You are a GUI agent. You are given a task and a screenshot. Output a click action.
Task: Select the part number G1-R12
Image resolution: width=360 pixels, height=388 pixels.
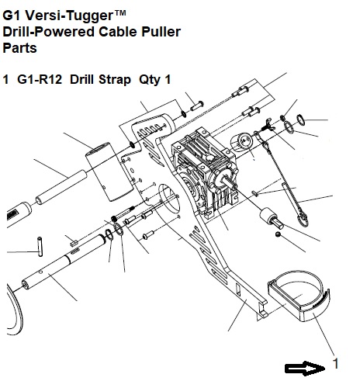pyautogui.click(x=40, y=79)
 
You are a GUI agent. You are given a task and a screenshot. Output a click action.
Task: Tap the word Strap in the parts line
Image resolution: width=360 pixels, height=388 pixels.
pyautogui.click(x=115, y=80)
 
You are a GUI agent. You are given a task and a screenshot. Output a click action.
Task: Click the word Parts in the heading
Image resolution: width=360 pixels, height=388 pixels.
pyautogui.click(x=19, y=48)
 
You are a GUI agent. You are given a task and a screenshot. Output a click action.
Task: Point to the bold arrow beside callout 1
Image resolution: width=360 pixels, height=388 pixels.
pyautogui.click(x=305, y=368)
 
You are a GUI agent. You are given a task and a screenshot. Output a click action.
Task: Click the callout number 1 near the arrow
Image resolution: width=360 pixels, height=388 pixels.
pyautogui.click(x=335, y=364)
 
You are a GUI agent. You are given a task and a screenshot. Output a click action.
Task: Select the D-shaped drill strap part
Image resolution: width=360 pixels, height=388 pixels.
pyautogui.click(x=299, y=296)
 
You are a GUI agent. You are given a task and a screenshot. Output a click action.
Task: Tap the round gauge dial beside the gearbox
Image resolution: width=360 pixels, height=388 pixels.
pyautogui.click(x=242, y=143)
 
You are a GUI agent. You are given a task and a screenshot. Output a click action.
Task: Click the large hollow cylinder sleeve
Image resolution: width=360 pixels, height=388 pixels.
pyautogui.click(x=109, y=171)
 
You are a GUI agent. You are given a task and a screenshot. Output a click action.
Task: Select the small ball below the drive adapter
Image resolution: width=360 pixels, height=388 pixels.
pyautogui.click(x=278, y=234)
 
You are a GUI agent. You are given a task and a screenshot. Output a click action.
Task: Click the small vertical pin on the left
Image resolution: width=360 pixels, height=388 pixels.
pyautogui.click(x=40, y=247)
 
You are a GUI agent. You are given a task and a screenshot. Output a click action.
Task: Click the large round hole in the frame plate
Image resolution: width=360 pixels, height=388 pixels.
pyautogui.click(x=168, y=198)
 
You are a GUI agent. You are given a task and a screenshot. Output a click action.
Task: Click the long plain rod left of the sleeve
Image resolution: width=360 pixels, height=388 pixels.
pyautogui.click(x=61, y=187)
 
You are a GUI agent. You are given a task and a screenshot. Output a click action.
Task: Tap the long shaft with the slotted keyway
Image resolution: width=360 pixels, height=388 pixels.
pyautogui.click(x=64, y=262)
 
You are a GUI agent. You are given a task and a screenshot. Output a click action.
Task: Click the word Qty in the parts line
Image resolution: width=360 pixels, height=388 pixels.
pyautogui.click(x=149, y=80)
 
